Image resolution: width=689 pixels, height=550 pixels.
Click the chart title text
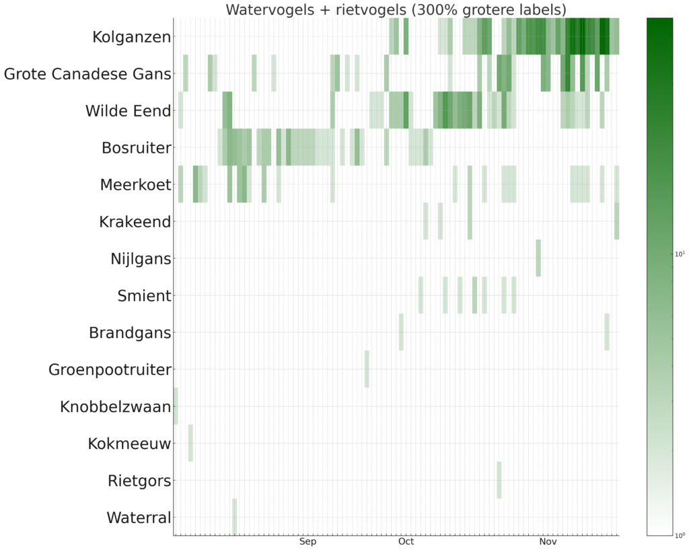(x=396, y=9)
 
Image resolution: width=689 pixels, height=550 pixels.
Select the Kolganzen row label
(x=132, y=37)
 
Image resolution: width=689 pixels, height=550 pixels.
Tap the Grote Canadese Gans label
(x=87, y=74)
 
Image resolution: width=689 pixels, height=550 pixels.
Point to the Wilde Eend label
(x=128, y=111)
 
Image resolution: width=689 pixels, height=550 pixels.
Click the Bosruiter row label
(x=136, y=148)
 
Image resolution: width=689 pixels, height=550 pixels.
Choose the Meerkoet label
(x=135, y=185)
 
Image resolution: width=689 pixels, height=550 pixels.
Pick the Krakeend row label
(x=135, y=221)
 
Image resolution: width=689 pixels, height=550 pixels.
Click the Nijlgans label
(x=141, y=259)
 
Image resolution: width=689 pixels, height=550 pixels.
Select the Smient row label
(x=144, y=296)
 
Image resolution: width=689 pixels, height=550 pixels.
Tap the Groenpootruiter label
(x=110, y=370)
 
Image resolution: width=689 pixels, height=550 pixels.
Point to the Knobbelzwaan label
(x=116, y=407)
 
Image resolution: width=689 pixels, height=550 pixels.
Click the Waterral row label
(x=139, y=518)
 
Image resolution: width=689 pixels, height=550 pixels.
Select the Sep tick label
(x=307, y=541)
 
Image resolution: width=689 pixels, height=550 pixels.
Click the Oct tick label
(x=406, y=541)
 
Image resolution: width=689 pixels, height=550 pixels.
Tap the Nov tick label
(x=548, y=541)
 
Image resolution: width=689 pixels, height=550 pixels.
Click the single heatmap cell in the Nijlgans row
(x=538, y=258)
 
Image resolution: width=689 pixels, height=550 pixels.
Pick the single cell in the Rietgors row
(x=499, y=480)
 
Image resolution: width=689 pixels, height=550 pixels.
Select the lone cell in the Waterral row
(x=234, y=517)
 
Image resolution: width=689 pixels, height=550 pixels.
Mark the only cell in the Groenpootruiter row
(x=367, y=369)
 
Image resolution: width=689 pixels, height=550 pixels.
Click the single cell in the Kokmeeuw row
(x=190, y=443)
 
